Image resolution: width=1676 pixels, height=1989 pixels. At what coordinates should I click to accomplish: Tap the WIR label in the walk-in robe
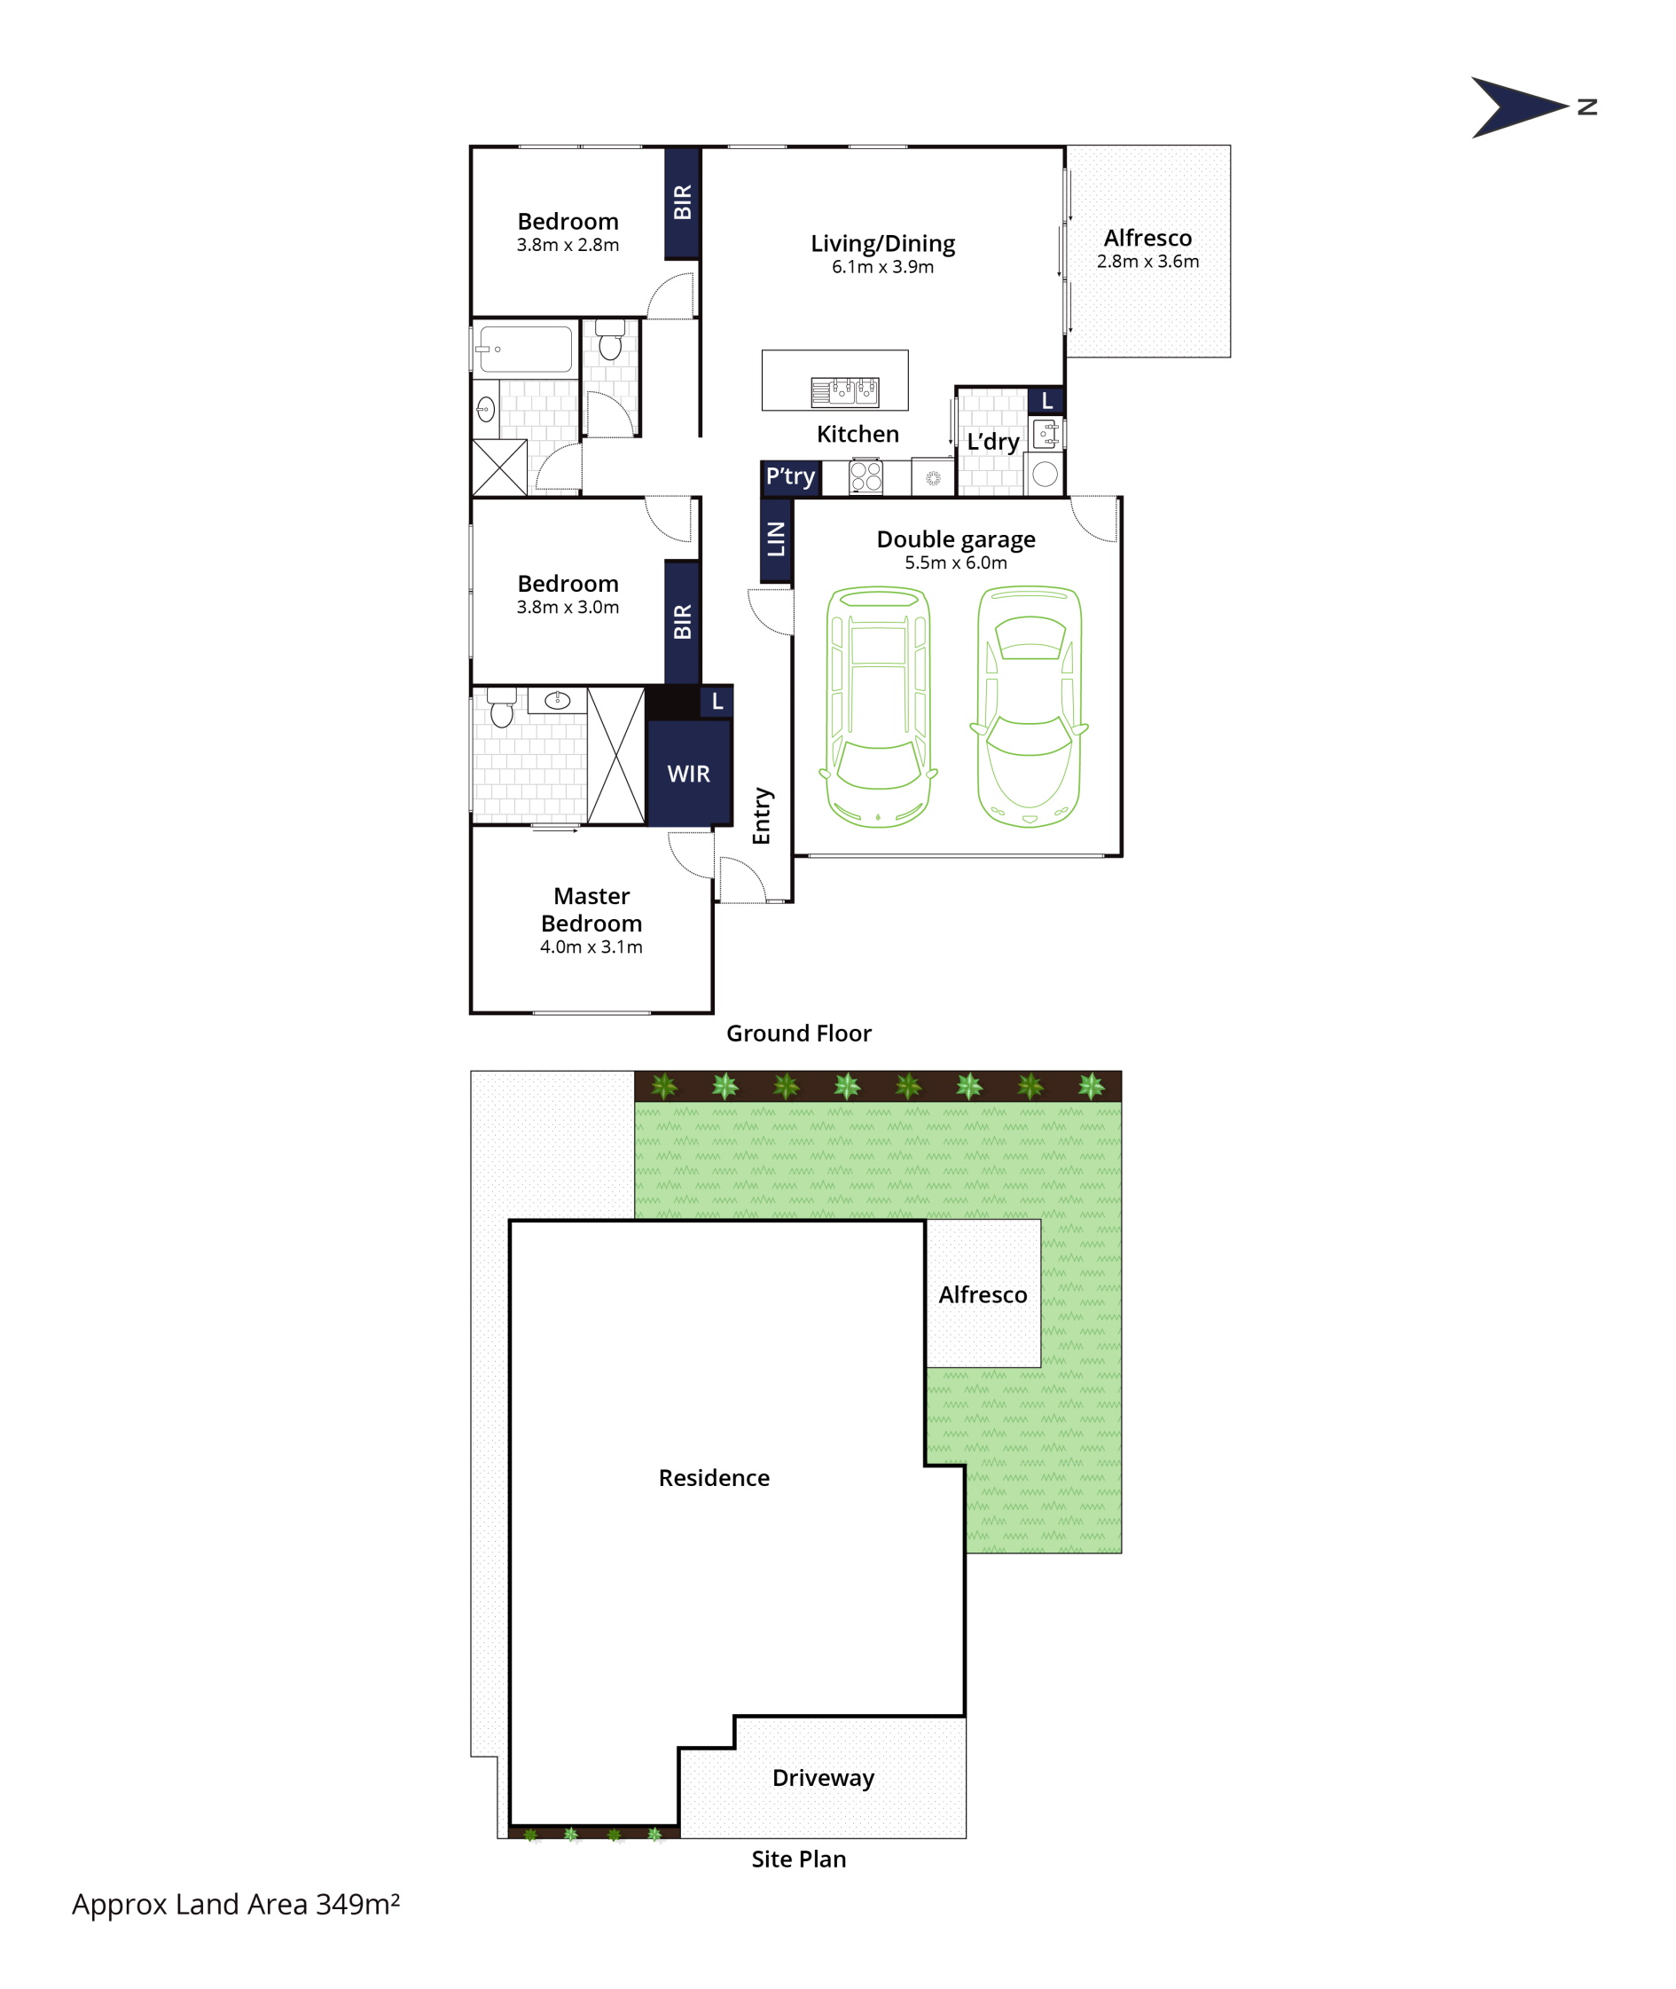(x=688, y=774)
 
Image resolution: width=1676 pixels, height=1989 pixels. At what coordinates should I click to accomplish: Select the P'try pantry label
(x=790, y=476)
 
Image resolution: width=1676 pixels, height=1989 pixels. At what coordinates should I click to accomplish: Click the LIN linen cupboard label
(x=776, y=539)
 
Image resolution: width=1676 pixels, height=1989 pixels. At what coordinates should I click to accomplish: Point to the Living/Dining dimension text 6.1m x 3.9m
(x=882, y=267)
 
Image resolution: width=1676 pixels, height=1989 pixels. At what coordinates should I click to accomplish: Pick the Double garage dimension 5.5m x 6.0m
(x=956, y=562)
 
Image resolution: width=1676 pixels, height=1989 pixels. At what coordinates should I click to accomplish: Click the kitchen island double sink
(x=844, y=391)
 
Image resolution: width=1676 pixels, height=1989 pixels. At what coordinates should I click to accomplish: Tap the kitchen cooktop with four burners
(x=865, y=476)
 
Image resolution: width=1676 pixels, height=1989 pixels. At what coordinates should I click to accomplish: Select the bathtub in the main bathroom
(x=525, y=349)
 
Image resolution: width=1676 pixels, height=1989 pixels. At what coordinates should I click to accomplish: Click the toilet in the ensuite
(x=502, y=707)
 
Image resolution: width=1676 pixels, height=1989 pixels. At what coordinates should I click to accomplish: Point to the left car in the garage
(x=879, y=707)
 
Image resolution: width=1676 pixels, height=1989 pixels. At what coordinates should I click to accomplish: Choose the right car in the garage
(x=1029, y=707)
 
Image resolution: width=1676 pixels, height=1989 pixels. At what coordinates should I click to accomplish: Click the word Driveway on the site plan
(x=823, y=1778)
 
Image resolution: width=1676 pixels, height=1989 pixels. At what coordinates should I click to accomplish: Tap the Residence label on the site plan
(x=714, y=1478)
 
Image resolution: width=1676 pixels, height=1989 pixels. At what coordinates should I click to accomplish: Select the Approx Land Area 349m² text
(x=236, y=1905)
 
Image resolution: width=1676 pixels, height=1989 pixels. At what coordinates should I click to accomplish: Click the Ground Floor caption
(x=798, y=1033)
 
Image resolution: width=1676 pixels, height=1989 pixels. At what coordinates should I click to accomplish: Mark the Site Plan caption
(x=798, y=1859)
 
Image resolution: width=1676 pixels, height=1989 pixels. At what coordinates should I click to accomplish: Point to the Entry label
(x=762, y=815)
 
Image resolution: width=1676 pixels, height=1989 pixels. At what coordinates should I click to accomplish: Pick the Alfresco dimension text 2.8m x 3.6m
(x=1147, y=262)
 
